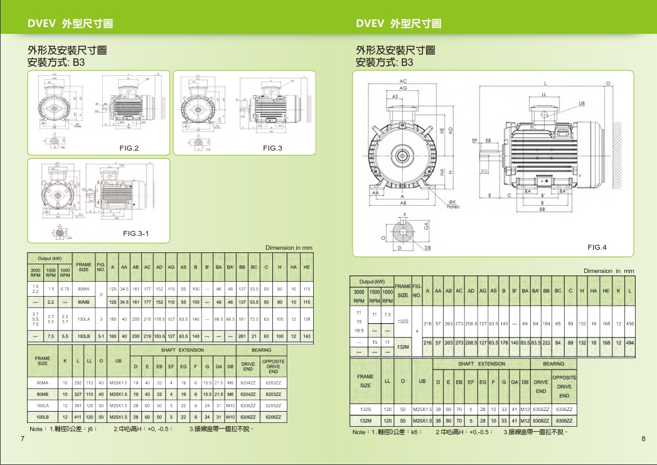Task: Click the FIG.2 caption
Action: [x=129, y=148]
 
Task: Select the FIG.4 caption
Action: [x=597, y=248]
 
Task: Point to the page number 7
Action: [x=23, y=439]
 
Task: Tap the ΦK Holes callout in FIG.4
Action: [x=453, y=204]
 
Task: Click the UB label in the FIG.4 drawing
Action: [x=582, y=103]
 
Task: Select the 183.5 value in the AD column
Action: [x=159, y=336]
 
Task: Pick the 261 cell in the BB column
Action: [x=242, y=336]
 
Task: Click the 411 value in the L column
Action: [x=77, y=417]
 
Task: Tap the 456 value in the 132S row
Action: [x=629, y=324]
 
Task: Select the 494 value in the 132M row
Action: [x=629, y=343]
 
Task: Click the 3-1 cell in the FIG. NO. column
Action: [x=100, y=336]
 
